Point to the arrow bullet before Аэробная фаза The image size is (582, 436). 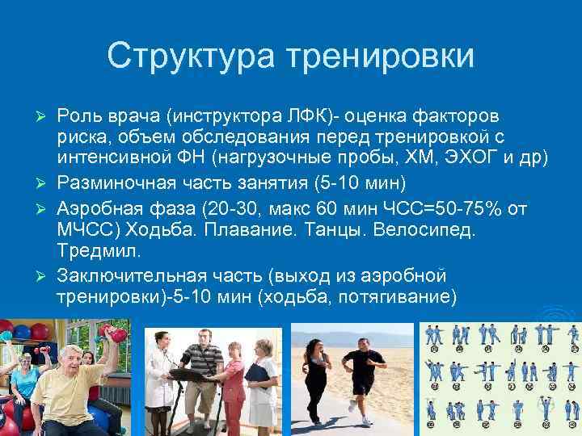(45, 208)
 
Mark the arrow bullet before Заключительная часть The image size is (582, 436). (45, 276)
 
